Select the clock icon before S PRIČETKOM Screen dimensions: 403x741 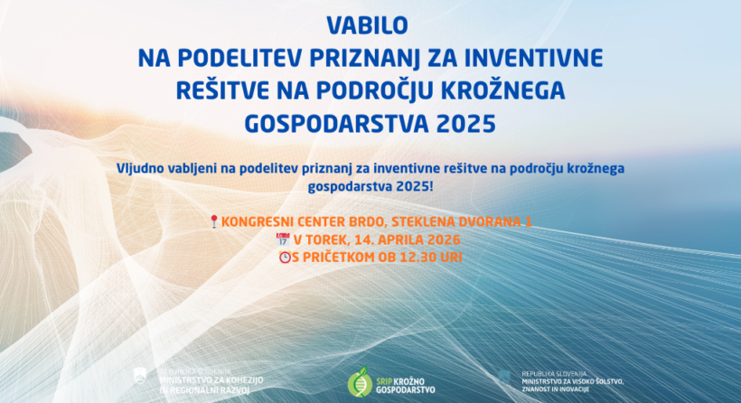coord(285,257)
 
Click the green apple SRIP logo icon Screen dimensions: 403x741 coord(361,380)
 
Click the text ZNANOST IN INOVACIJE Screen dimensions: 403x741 coord(555,389)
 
